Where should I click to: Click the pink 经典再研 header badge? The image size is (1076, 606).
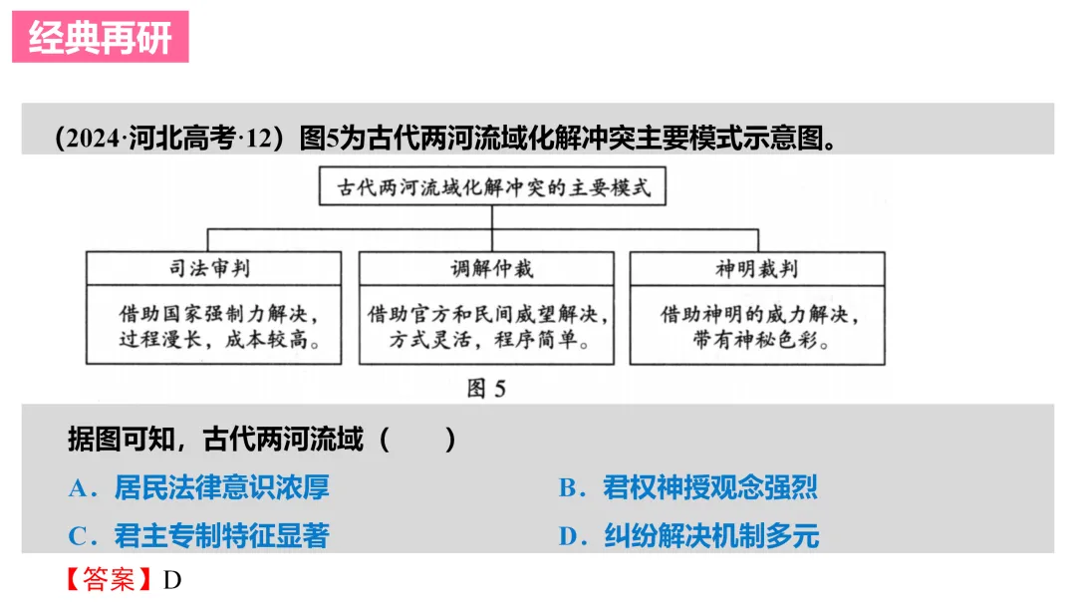pos(100,37)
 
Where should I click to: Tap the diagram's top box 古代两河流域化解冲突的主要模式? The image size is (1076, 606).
pos(493,186)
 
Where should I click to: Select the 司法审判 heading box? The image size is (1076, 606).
pos(213,267)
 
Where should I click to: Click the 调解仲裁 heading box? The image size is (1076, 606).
pos(485,267)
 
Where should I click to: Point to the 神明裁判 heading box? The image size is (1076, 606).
pos(757,267)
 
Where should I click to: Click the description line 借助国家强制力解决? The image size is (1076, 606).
pos(213,314)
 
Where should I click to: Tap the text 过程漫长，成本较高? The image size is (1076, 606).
pos(213,340)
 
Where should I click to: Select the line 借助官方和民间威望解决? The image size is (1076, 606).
pos(486,314)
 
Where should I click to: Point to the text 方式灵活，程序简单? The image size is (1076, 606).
pos(486,340)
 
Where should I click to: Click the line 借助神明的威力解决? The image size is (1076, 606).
pos(758,314)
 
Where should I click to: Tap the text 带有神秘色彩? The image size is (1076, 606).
pos(758,340)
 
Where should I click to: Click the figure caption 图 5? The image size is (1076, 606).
pos(486,388)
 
